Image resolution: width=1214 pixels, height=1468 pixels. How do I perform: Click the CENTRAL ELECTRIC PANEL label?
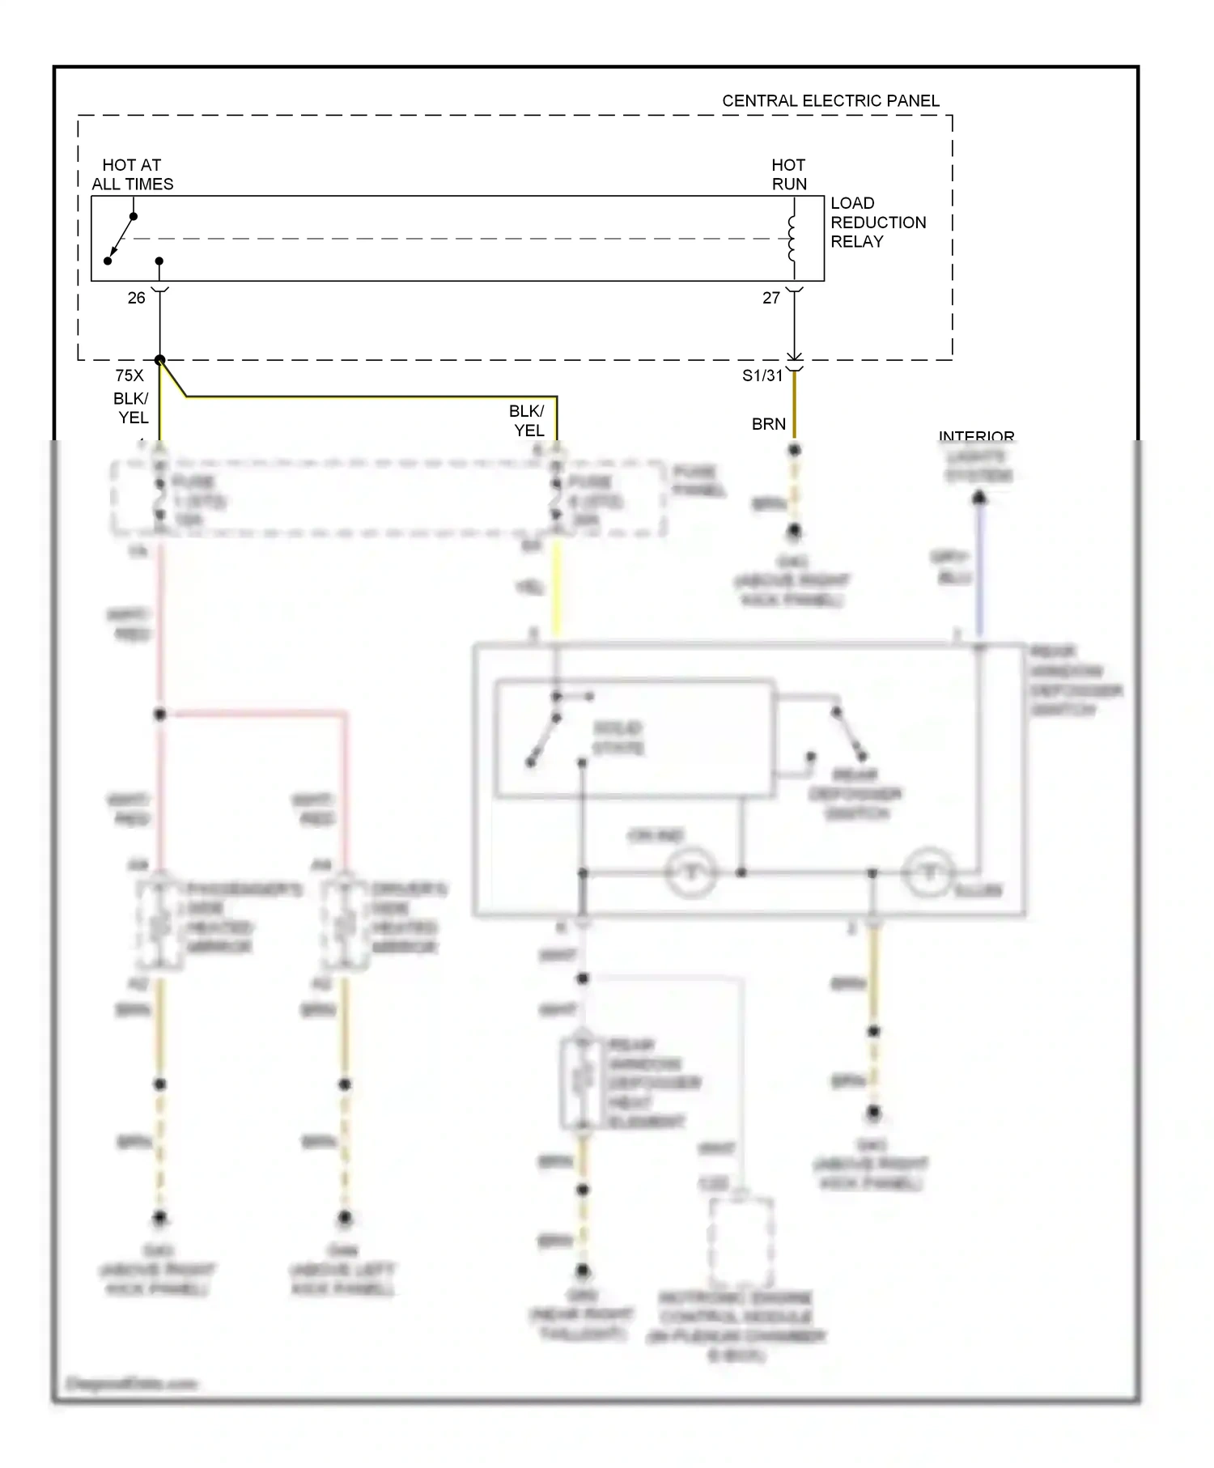pyautogui.click(x=830, y=101)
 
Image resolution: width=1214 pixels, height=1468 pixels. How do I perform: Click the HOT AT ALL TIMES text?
pyautogui.click(x=132, y=175)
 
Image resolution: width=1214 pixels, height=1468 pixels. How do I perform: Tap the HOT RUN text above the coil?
pyautogui.click(x=788, y=175)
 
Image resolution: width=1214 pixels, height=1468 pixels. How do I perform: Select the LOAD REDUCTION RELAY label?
pyautogui.click(x=877, y=223)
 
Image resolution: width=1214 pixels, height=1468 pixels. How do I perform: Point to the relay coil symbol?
pyautogui.click(x=792, y=238)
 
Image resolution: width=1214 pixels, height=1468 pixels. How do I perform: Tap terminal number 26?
pyautogui.click(x=136, y=298)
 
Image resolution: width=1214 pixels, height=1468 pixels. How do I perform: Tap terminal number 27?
pyautogui.click(x=771, y=298)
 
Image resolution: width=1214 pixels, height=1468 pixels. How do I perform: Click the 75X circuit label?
pyautogui.click(x=129, y=375)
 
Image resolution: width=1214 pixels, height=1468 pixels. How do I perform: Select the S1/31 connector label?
pyautogui.click(x=762, y=375)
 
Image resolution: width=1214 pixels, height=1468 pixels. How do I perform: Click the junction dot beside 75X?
pyautogui.click(x=160, y=360)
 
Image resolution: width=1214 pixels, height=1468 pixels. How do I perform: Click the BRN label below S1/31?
pyautogui.click(x=768, y=424)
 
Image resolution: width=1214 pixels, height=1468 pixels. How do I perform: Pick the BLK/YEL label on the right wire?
pyautogui.click(x=528, y=421)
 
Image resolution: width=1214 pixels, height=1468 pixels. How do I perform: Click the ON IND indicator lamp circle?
pyautogui.click(x=690, y=873)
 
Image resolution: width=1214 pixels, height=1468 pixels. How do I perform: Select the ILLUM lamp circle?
pyautogui.click(x=929, y=873)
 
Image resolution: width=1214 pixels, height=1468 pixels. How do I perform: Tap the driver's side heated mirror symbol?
pyautogui.click(x=345, y=923)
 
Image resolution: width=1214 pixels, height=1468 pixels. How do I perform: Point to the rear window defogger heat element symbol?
pyautogui.click(x=582, y=1081)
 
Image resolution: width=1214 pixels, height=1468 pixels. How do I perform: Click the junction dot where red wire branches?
pyautogui.click(x=160, y=715)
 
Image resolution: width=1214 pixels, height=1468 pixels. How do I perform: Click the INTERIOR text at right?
pyautogui.click(x=976, y=436)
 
